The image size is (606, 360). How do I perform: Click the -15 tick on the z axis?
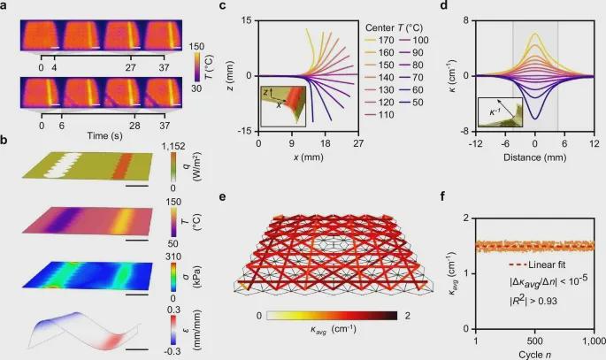point(246,130)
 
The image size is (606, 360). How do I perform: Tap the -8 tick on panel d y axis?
point(468,130)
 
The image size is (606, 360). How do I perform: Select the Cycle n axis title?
point(534,355)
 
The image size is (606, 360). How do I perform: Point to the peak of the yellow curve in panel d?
point(535,34)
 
